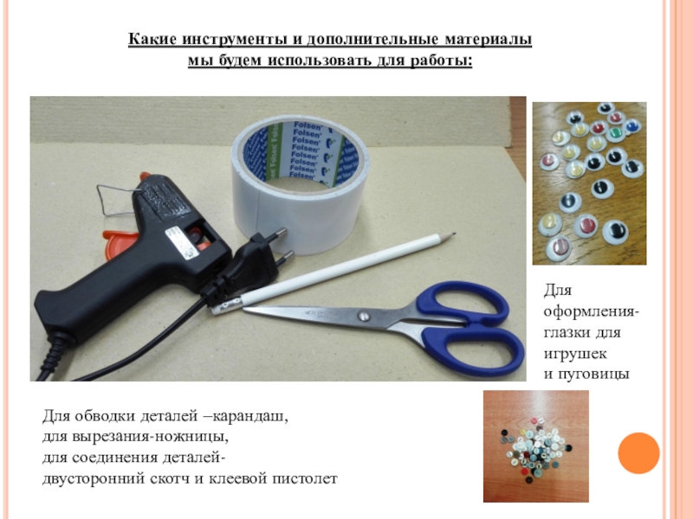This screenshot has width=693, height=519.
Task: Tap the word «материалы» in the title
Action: pyautogui.click(x=488, y=39)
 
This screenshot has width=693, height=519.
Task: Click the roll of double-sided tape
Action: pyautogui.click(x=300, y=183)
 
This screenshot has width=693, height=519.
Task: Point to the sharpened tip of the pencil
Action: pyautogui.click(x=455, y=234)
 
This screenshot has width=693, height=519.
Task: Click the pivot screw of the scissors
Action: pyautogui.click(x=363, y=316)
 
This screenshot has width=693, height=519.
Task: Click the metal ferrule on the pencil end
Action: pyautogui.click(x=227, y=305)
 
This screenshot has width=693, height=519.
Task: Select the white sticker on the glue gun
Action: pyautogui.click(x=180, y=243)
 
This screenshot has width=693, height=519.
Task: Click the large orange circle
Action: pyautogui.click(x=638, y=453)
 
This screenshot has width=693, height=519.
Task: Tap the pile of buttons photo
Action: pyautogui.click(x=535, y=446)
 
